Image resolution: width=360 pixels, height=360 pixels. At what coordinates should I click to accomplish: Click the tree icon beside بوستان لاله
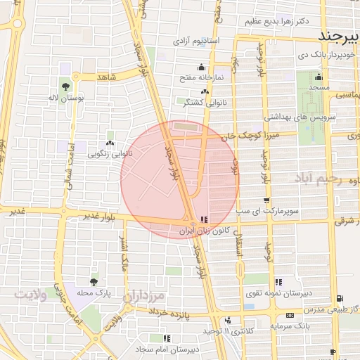pos(65,87)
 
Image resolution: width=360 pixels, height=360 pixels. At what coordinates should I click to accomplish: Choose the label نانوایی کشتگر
pos(186,103)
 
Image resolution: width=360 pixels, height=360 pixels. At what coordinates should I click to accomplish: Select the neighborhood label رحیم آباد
pos(324,179)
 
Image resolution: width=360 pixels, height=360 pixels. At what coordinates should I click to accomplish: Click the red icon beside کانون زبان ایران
pos(204,219)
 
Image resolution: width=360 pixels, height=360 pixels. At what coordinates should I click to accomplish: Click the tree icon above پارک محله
pos(95,281)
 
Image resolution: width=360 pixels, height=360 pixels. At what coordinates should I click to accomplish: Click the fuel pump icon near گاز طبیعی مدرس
pos(340,298)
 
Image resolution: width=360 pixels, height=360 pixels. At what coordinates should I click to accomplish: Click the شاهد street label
pos(106,76)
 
